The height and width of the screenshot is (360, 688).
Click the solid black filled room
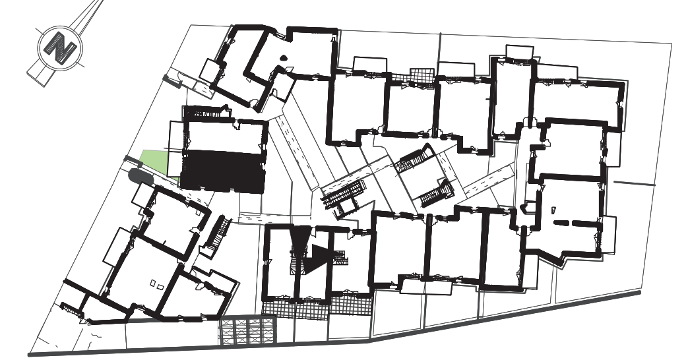224,171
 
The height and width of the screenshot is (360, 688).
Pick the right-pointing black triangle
319,259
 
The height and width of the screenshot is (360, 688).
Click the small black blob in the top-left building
283,57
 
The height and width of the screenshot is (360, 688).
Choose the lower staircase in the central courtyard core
437,193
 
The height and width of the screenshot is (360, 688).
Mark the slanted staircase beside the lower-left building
218,234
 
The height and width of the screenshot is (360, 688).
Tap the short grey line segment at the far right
634,183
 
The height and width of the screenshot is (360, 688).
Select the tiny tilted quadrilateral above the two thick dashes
553,210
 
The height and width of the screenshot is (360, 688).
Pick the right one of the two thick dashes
585,224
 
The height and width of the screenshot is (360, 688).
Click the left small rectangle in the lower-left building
153,284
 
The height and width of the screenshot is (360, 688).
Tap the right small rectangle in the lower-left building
160,287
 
